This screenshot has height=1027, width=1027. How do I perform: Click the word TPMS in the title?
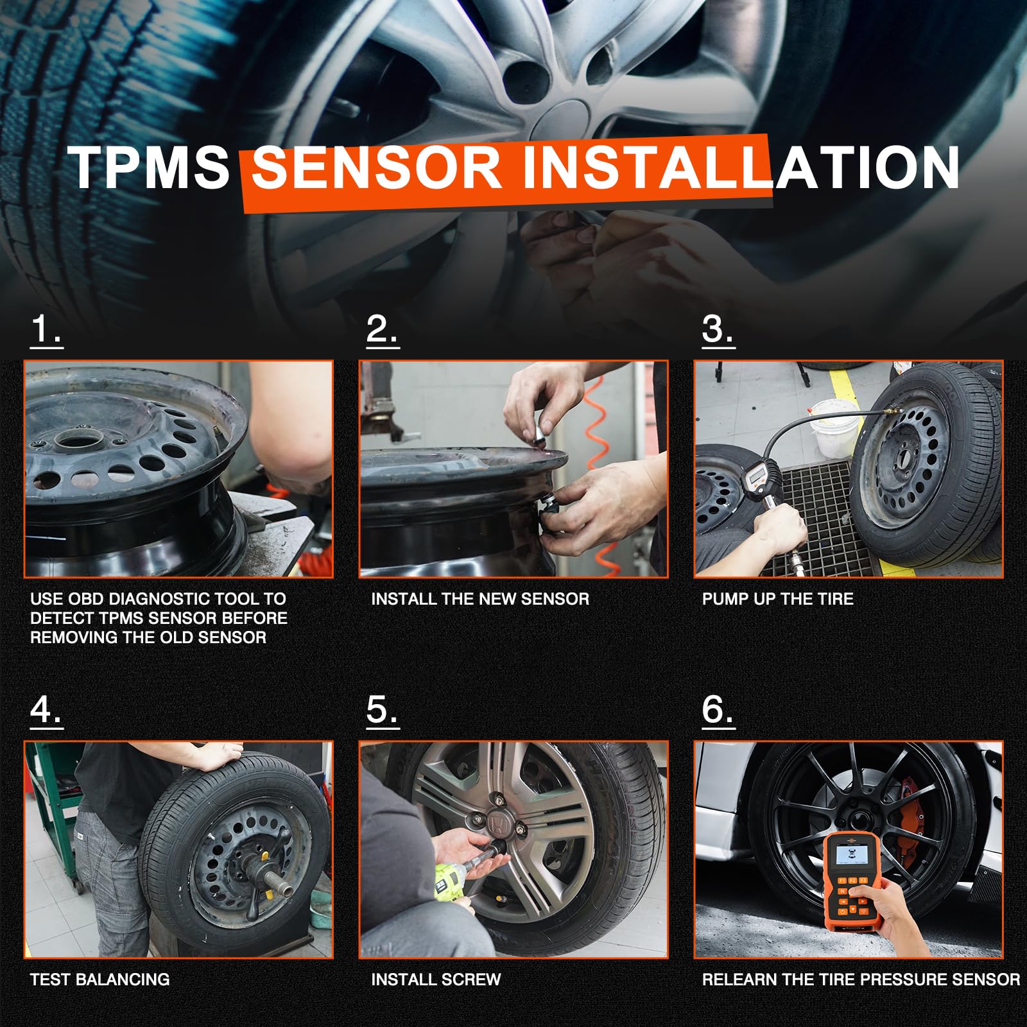(149, 168)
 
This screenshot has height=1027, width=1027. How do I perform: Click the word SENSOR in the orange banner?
(376, 168)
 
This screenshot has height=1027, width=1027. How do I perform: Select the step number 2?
(382, 330)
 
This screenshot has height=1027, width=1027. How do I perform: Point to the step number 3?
(718, 330)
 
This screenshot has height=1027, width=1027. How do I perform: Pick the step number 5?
(382, 711)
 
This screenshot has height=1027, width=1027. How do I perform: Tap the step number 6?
(718, 711)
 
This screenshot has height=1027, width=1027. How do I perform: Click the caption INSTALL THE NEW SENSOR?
(480, 599)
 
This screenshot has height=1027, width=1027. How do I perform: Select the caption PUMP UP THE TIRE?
(777, 599)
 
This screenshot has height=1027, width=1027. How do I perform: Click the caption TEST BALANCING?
(99, 980)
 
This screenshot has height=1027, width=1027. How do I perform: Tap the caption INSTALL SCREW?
(436, 980)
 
